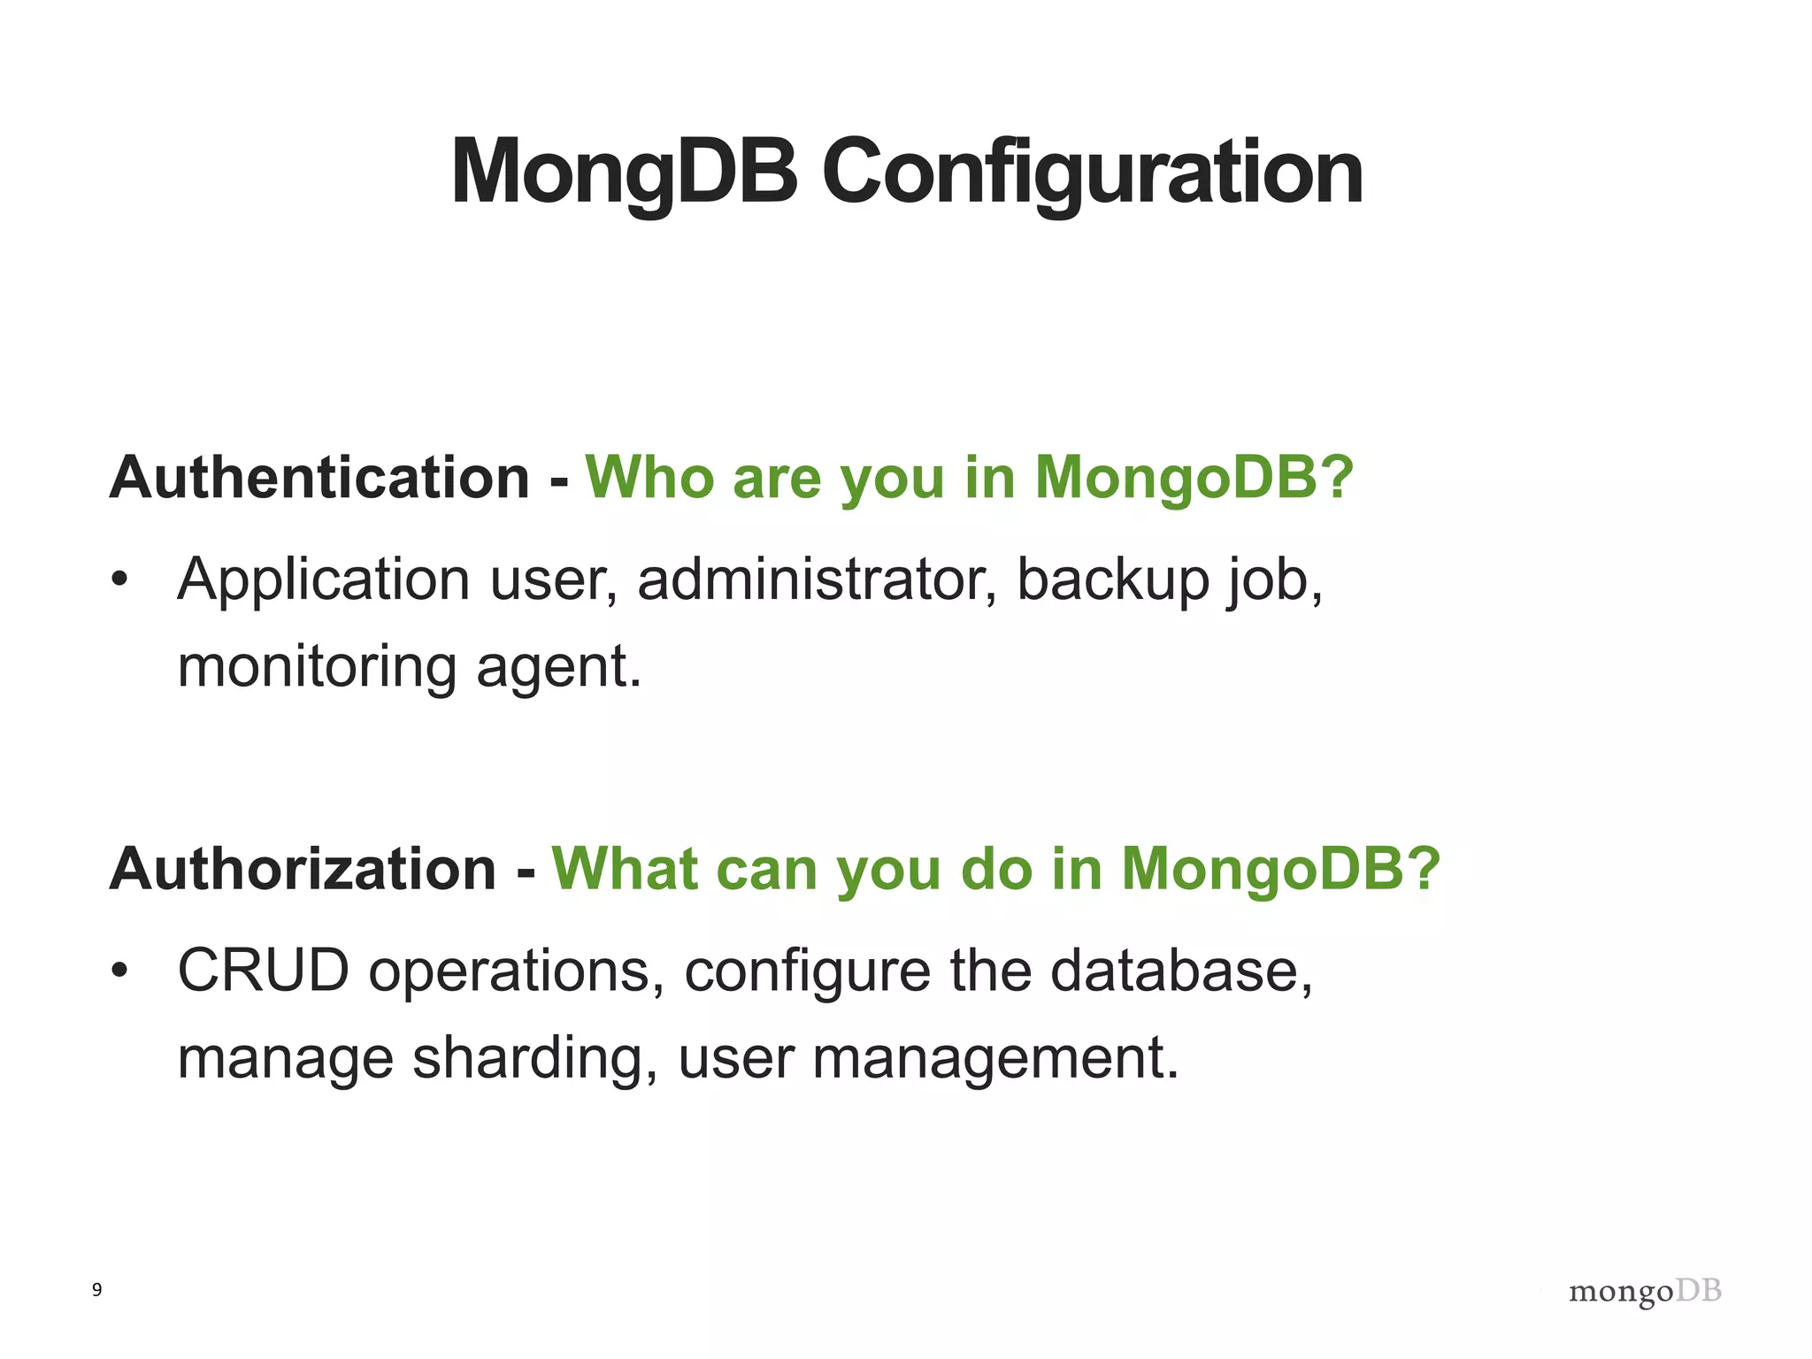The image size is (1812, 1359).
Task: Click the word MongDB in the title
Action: point(624,173)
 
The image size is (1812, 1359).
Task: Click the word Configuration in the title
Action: point(1092,173)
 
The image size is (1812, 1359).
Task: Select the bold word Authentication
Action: point(319,478)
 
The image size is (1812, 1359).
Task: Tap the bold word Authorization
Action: point(303,869)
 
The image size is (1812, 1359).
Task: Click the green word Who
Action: point(649,478)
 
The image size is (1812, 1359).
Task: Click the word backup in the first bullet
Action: point(1113,580)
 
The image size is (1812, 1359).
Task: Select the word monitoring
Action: point(317,667)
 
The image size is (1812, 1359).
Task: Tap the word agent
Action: point(557,667)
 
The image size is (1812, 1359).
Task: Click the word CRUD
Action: point(264,971)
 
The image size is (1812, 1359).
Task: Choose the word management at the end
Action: point(994,1058)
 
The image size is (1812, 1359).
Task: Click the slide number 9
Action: point(96,1290)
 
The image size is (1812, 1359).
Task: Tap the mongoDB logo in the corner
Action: point(1645,1292)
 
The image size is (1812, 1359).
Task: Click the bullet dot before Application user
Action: point(119,581)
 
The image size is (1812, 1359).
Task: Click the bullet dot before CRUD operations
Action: point(119,971)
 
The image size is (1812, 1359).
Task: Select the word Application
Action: point(323,580)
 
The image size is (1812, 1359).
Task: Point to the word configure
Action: point(807,971)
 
